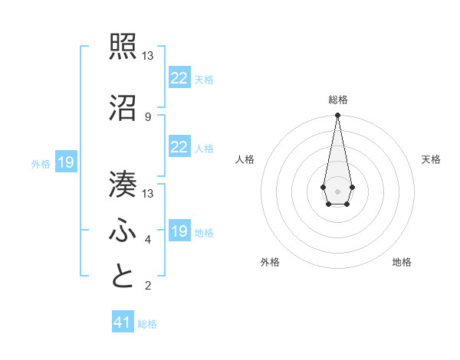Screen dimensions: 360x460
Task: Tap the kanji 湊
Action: point(123,185)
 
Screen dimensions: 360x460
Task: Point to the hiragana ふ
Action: point(123,231)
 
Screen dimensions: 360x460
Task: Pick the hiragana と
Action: point(123,277)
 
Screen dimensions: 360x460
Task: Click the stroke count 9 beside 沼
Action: point(147,116)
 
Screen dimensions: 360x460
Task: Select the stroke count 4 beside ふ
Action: point(147,240)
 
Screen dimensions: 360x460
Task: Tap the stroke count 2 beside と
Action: point(147,286)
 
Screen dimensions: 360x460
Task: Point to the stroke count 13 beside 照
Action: point(148,56)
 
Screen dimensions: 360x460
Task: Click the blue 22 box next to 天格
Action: point(179,77)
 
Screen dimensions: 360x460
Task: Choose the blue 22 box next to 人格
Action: point(179,147)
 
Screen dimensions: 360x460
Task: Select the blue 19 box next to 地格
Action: point(179,231)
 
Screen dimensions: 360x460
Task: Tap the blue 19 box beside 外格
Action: point(65,162)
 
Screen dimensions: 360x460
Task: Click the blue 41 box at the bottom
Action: point(123,322)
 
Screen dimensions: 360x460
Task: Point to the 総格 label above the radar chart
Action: point(337,100)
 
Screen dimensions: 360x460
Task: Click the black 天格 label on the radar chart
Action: point(431,159)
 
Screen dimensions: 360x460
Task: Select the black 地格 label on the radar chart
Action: point(402,262)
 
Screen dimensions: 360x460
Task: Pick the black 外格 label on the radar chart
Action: point(270,262)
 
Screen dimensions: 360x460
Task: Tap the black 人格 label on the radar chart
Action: point(245,159)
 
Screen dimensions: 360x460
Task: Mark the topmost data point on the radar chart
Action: point(337,116)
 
